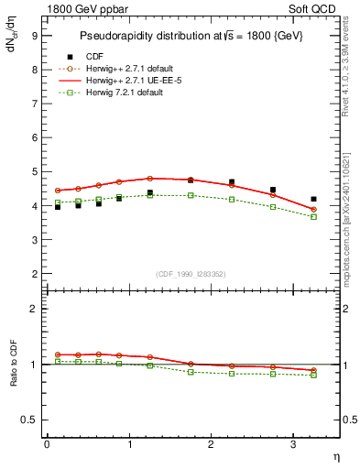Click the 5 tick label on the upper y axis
pos(34,171)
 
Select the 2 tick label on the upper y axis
pos(34,274)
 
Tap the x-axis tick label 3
pos(293,444)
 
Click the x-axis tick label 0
pos(47,444)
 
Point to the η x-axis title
pos(335,456)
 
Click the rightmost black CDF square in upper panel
pos(313,199)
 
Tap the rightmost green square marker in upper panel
pos(313,217)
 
